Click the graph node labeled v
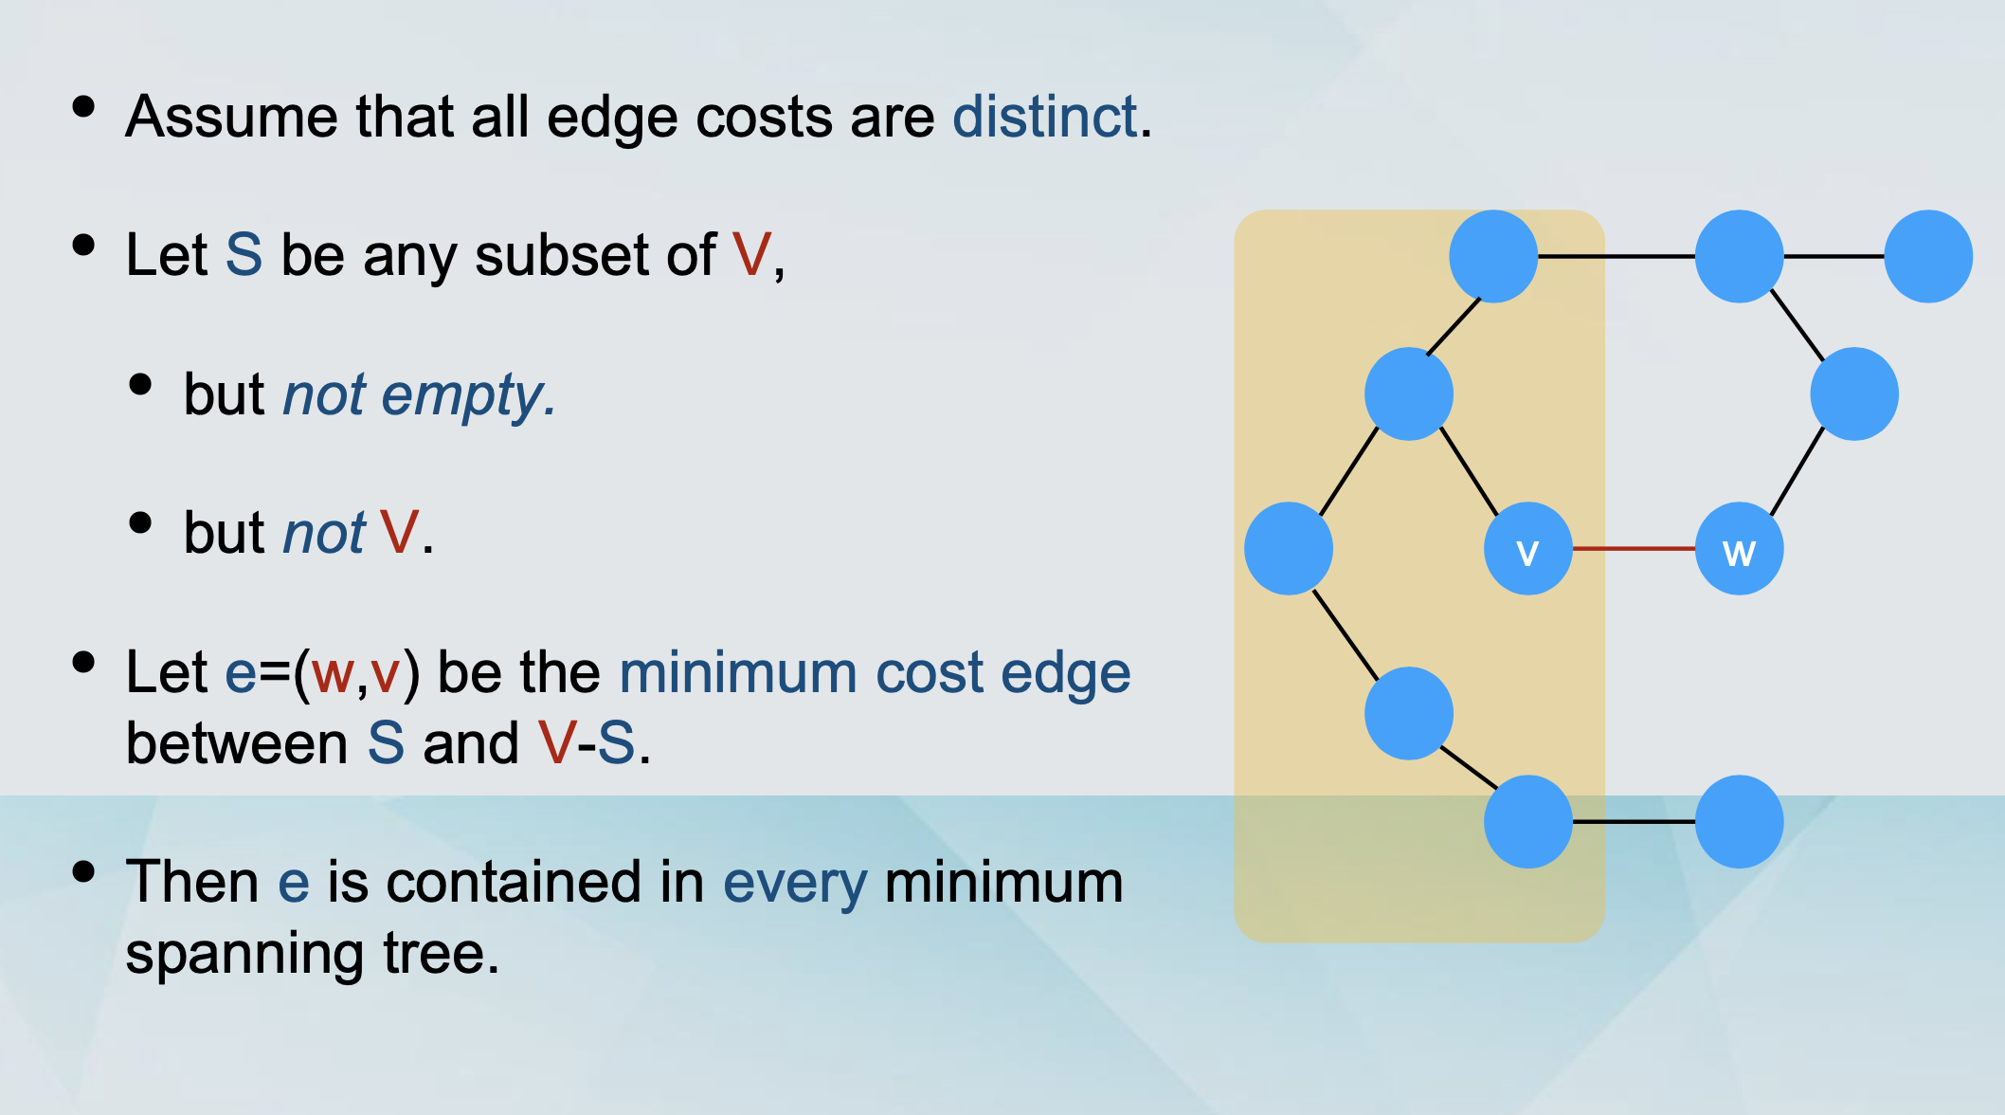(x=1527, y=548)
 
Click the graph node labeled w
(x=1739, y=548)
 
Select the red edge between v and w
(x=1634, y=548)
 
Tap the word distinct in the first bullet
(x=1044, y=117)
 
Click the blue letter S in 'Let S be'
(x=244, y=255)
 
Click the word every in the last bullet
(x=794, y=884)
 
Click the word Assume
(x=231, y=117)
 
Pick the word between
(x=237, y=742)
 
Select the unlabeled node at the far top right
(x=1928, y=256)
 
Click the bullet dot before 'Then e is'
(x=83, y=870)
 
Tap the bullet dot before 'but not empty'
(x=140, y=384)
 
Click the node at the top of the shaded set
(x=1493, y=256)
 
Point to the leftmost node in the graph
(x=1289, y=548)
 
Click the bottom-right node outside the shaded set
(x=1739, y=821)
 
